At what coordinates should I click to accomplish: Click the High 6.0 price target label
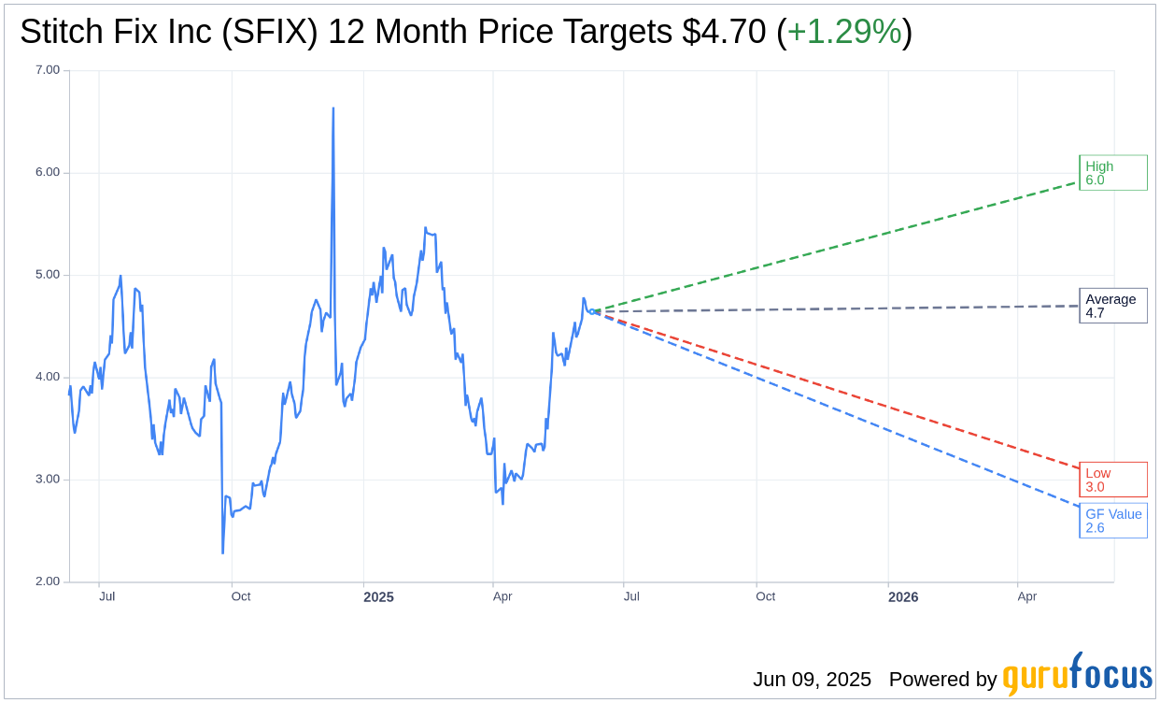click(x=1112, y=173)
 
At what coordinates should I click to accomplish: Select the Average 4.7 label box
click(x=1112, y=306)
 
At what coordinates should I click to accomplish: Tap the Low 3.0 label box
click(x=1112, y=480)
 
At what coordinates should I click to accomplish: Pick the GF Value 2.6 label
click(x=1112, y=521)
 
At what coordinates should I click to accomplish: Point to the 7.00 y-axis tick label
click(x=47, y=70)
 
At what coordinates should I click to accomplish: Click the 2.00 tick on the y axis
click(x=47, y=581)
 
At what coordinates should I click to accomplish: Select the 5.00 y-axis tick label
click(x=47, y=275)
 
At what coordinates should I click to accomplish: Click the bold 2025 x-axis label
click(x=378, y=597)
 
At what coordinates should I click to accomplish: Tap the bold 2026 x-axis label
click(x=903, y=597)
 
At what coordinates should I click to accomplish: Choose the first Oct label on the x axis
click(x=241, y=596)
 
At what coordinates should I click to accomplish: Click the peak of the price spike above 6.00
click(x=333, y=109)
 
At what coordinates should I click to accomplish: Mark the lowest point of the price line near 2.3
click(x=222, y=552)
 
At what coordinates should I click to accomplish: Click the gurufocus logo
click(x=1077, y=675)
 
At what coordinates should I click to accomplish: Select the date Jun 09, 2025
click(x=812, y=680)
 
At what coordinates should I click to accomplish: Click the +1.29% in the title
click(x=844, y=32)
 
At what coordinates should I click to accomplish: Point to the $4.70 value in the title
click(x=724, y=32)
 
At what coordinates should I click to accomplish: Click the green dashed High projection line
click(x=841, y=246)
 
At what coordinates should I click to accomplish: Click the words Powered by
click(x=942, y=680)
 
